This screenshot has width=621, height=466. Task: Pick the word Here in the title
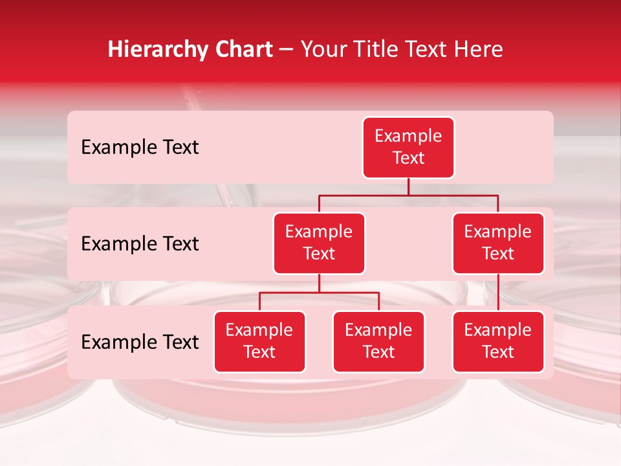[478, 49]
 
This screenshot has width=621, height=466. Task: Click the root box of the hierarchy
[408, 148]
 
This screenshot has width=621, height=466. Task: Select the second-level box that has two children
[319, 243]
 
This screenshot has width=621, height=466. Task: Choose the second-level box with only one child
[498, 243]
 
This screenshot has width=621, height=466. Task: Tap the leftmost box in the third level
[259, 342]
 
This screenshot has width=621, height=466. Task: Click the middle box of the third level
[378, 342]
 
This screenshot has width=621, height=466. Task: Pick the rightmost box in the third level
[498, 342]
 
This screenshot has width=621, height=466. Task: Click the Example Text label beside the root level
[140, 148]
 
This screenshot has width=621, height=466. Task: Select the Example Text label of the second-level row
[140, 244]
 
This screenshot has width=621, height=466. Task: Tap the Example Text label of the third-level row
[140, 342]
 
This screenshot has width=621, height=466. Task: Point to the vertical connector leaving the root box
[408, 186]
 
